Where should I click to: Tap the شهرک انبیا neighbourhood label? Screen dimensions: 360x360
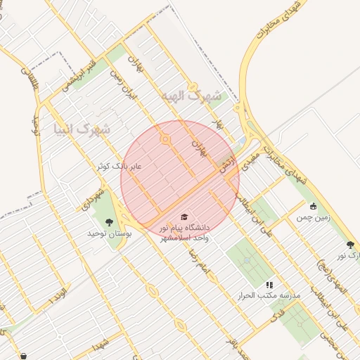82,129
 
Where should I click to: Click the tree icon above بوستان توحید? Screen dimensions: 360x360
109,222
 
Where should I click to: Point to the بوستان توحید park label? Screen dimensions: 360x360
109,233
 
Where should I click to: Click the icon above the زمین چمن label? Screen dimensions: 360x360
313,207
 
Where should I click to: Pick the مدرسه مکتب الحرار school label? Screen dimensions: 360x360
269,296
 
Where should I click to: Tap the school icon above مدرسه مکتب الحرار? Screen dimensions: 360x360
269,285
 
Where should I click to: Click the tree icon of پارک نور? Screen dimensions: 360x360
350,245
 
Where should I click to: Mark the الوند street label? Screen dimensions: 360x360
60,298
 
